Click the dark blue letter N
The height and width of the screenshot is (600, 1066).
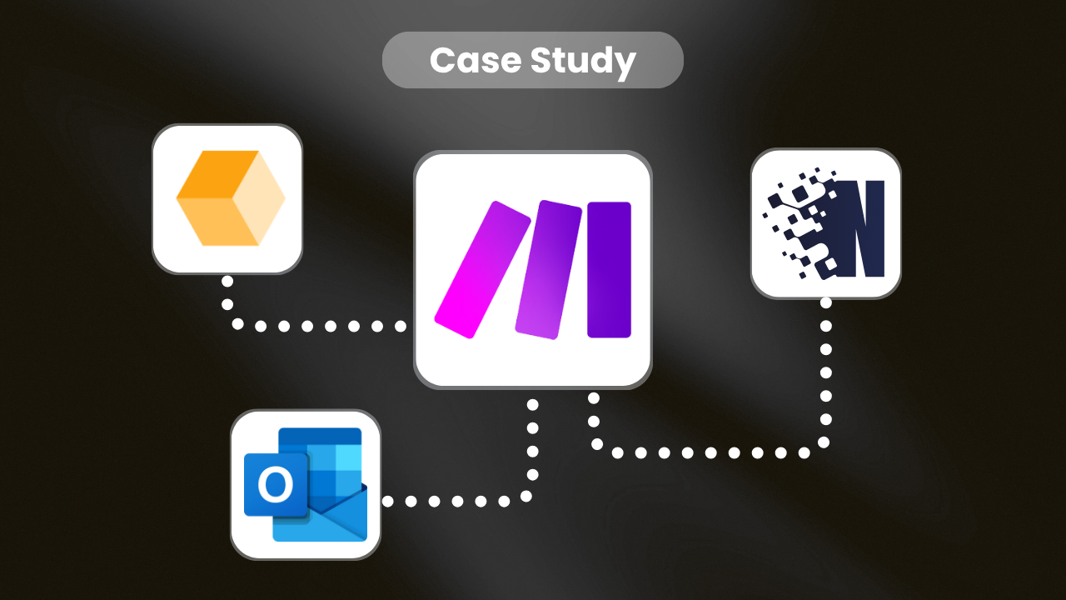[x=858, y=228]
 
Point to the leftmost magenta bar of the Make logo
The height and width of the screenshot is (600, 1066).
[x=482, y=269]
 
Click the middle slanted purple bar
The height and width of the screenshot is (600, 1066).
[x=547, y=269]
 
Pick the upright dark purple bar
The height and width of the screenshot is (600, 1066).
[x=609, y=269]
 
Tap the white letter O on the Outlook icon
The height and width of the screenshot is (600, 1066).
[x=275, y=483]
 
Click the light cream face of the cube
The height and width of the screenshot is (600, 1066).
[x=260, y=200]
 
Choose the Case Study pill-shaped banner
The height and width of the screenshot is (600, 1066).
[x=532, y=60]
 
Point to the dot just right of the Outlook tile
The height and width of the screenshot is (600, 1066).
[x=388, y=502]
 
